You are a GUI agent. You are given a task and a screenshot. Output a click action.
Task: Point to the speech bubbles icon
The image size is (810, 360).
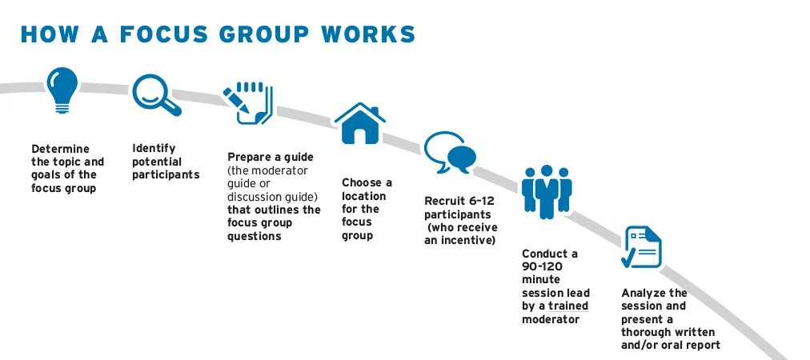(449, 153)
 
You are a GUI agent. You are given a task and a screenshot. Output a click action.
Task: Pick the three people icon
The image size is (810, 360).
(547, 192)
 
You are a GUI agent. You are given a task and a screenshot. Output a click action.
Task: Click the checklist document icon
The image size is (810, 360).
(642, 247)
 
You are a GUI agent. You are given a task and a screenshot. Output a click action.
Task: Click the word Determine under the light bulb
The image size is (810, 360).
(60, 149)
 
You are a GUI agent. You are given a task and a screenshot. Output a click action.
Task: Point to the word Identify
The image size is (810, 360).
(154, 148)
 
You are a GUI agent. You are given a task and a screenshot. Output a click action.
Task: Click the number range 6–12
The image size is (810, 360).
(475, 202)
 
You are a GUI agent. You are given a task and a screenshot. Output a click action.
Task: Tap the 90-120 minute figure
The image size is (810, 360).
(541, 267)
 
